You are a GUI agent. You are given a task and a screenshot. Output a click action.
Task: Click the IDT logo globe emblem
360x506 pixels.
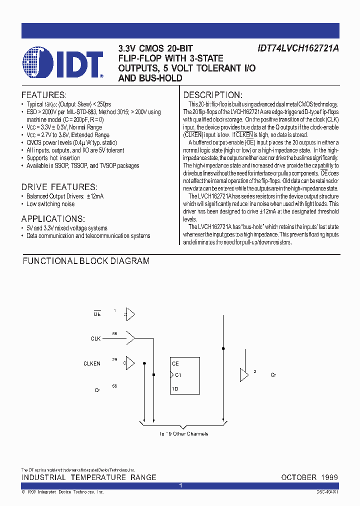pos(37,63)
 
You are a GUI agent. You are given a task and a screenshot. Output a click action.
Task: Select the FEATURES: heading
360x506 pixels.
pos(43,95)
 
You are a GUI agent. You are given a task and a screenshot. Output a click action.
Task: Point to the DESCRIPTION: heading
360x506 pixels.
pos(212,95)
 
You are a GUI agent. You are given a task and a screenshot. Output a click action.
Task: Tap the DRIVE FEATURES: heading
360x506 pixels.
pos(59,186)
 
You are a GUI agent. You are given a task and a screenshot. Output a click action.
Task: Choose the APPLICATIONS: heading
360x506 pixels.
pos(53,218)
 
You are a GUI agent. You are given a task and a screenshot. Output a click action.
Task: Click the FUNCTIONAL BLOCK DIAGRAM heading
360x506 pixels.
pos(86,261)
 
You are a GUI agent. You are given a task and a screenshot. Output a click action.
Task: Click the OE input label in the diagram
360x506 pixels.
pos(97,314)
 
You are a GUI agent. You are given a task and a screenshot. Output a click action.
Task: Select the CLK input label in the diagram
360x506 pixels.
pos(95,338)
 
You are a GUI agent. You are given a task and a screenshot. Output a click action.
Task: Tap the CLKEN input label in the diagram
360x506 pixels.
pos(92,363)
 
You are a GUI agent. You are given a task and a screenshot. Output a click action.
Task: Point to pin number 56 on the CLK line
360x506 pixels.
pos(114,333)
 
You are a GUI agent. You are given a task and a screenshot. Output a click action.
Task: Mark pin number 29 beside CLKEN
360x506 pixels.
pos(114,359)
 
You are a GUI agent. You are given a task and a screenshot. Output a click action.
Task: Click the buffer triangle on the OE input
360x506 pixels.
pos(130,314)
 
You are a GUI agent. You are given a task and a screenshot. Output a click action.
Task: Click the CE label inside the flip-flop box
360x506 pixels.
pos(175,363)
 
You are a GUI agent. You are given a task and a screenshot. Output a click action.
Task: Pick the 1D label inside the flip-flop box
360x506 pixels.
pos(175,388)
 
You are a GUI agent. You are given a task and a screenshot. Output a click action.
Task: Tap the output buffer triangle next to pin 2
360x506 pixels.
pos(244,374)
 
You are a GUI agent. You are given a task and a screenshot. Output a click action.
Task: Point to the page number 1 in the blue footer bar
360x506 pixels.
pos(180,485)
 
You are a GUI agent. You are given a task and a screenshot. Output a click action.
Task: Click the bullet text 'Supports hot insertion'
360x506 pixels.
pos(53,158)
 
